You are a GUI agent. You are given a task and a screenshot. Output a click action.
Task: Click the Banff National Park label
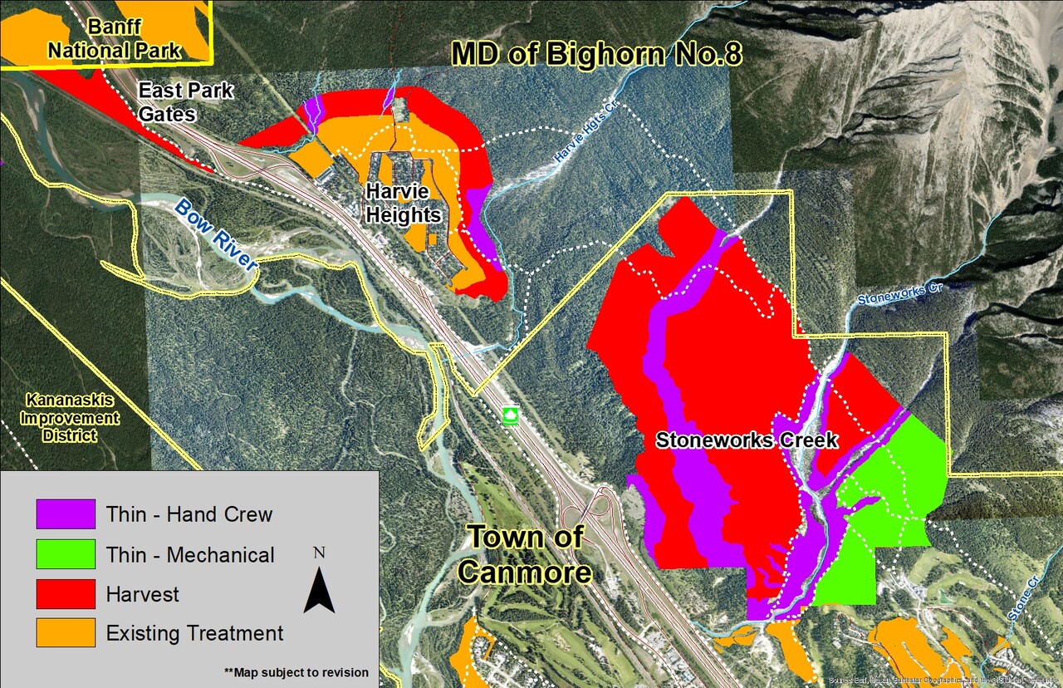point(114,39)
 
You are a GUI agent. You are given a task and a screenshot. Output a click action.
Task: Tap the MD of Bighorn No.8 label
point(596,54)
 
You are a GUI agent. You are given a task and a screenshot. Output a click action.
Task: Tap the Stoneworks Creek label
point(747,440)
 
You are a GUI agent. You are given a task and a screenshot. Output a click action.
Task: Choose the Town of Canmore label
point(525,554)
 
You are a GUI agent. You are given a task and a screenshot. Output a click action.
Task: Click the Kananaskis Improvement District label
point(71,416)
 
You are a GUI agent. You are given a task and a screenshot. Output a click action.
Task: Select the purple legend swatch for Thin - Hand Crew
point(66,514)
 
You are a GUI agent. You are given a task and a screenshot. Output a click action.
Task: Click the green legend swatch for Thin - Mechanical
point(66,554)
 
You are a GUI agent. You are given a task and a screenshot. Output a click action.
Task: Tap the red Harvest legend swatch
point(66,594)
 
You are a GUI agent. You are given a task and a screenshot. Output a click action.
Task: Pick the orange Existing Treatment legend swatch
point(66,633)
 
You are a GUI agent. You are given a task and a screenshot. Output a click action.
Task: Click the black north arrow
point(319,591)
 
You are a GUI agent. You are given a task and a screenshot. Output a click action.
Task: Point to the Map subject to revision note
point(296,672)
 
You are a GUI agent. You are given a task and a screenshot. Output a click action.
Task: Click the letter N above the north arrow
point(319,553)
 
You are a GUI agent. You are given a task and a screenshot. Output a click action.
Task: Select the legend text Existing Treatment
point(194,633)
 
